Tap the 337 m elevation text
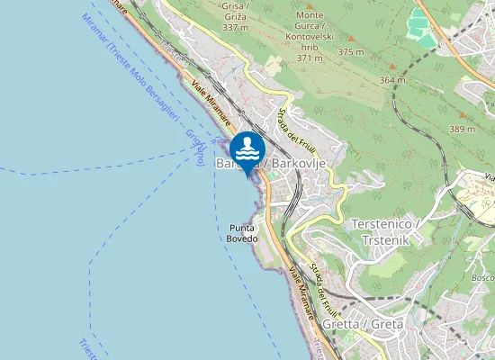pyautogui.click(x=235, y=28)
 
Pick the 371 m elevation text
pyautogui.click(x=310, y=58)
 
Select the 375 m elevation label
pyautogui.click(x=350, y=51)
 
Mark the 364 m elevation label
pyautogui.click(x=393, y=80)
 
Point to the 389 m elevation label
pyautogui.click(x=461, y=130)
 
